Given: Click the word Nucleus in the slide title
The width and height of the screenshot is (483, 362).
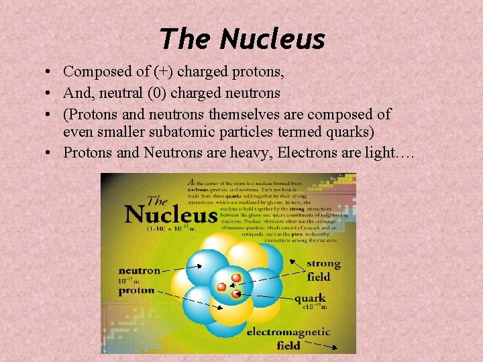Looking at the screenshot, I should pos(272,39).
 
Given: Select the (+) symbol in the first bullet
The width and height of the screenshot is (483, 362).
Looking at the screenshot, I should pos(142,71).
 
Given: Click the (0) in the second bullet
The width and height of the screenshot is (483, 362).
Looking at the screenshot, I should pos(168,93).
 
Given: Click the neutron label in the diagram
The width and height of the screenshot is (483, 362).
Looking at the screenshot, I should pos(140,271).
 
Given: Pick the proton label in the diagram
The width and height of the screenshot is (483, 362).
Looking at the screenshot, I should pos(137,290).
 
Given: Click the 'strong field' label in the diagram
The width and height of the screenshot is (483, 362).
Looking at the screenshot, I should pos(323,269).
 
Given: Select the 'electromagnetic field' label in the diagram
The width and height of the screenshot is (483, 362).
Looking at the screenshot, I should pos(288,339).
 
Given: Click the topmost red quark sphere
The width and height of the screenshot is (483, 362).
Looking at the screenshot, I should pos(235,277).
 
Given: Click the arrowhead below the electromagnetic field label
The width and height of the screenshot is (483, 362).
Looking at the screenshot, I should pos(335,347).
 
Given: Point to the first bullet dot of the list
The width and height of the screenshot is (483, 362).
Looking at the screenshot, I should pos(50,72).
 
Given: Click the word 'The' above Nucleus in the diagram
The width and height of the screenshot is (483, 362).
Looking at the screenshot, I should pos(157,201).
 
